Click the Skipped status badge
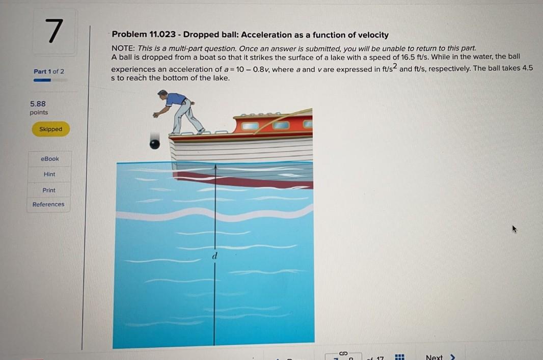pyautogui.click(x=50, y=129)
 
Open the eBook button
pyautogui.click(x=49, y=159)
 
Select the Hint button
pyautogui.click(x=49, y=174)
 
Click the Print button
pyautogui.click(x=49, y=190)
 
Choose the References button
pyautogui.click(x=48, y=204)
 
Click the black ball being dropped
pyautogui.click(x=154, y=144)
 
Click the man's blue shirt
pyautogui.click(x=176, y=99)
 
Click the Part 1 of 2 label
pyautogui.click(x=49, y=71)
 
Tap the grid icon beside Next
pyautogui.click(x=400, y=357)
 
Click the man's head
pyautogui.click(x=162, y=94)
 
